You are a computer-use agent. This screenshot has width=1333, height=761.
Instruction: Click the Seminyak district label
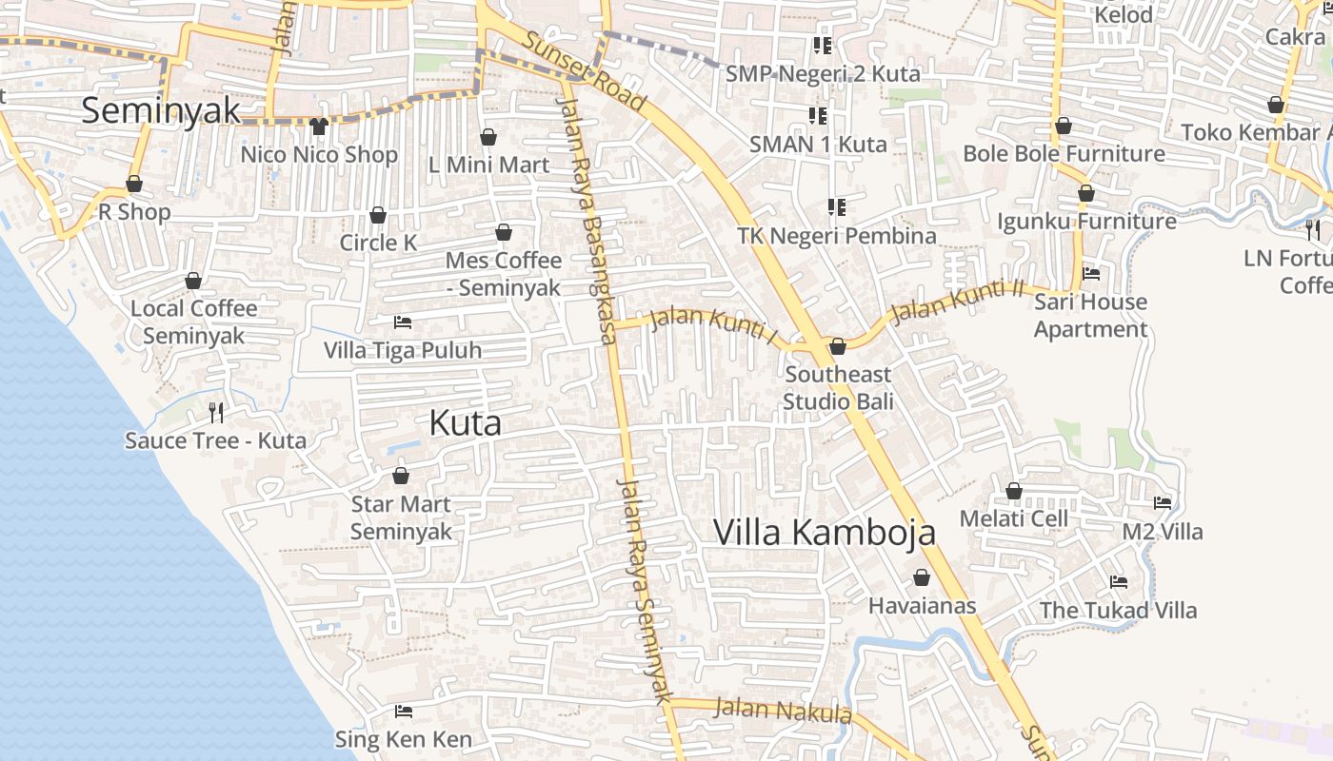click(161, 110)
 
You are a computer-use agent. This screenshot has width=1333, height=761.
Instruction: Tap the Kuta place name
click(465, 422)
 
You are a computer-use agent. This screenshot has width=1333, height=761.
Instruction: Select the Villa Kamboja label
click(824, 533)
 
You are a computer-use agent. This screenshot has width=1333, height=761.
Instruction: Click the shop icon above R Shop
click(134, 184)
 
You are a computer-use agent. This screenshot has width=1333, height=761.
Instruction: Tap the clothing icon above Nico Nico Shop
click(318, 126)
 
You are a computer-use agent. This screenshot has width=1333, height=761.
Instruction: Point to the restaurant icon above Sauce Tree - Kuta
click(216, 412)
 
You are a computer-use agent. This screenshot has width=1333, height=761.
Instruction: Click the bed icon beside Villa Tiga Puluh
click(403, 322)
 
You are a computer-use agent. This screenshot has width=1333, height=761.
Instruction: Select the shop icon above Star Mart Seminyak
click(401, 476)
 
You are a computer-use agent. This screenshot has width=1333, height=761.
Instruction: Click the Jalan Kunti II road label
click(956, 300)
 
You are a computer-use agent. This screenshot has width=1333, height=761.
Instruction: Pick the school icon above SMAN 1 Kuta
click(818, 116)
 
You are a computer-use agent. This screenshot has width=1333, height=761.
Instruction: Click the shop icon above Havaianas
click(922, 577)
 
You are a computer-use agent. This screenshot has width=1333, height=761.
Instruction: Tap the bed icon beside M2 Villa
click(1163, 503)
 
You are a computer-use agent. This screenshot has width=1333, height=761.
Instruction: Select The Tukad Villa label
click(1118, 610)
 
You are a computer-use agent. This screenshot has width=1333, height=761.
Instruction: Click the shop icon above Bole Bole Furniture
click(1064, 126)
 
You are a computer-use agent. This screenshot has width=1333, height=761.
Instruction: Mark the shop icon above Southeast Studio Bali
click(838, 346)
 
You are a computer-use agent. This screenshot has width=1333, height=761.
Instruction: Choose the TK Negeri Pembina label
click(837, 235)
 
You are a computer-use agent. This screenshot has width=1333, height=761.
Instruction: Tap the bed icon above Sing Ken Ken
click(404, 712)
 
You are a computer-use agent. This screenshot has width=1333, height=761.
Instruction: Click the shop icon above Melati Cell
click(1014, 491)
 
